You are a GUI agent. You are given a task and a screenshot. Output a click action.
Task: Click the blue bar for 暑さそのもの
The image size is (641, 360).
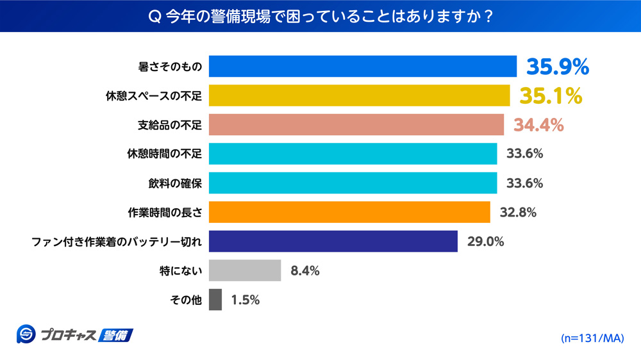click(x=363, y=67)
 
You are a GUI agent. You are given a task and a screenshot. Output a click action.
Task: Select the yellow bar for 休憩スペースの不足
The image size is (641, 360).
click(x=360, y=95)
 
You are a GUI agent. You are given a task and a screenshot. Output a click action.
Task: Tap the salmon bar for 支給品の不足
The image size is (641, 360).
click(x=356, y=125)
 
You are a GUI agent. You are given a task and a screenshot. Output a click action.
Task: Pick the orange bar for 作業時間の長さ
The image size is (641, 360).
click(x=349, y=212)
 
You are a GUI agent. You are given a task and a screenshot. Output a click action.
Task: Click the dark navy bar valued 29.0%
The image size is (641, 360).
click(x=333, y=241)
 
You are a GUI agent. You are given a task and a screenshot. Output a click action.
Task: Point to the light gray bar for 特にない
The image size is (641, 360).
click(x=245, y=270)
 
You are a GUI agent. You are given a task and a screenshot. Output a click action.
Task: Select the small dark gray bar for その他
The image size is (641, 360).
click(x=215, y=300)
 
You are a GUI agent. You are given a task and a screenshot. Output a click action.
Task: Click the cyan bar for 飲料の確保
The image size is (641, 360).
click(x=353, y=183)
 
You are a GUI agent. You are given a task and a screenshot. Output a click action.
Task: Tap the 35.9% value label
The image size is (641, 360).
click(x=557, y=66)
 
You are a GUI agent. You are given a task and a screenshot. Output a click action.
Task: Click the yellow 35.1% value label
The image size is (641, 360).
click(x=551, y=95)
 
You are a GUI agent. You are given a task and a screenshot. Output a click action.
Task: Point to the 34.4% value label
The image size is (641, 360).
click(x=538, y=125)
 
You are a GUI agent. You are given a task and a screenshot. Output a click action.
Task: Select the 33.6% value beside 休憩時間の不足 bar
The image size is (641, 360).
click(x=525, y=154)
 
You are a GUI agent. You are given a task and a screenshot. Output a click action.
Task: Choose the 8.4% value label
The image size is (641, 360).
click(x=305, y=270)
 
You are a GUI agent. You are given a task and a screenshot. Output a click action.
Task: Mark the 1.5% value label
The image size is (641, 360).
click(x=245, y=300)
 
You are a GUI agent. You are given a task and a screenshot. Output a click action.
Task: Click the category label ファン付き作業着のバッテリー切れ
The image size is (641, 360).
click(x=117, y=241)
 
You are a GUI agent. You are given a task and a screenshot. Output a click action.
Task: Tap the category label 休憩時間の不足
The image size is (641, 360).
click(x=165, y=154)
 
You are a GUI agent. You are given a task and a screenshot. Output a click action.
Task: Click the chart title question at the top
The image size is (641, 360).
click(x=320, y=16)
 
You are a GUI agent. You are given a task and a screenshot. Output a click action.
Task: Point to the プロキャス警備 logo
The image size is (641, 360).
click(x=74, y=334)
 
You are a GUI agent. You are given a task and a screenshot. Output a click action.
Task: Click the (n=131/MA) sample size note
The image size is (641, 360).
click(x=592, y=338)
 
